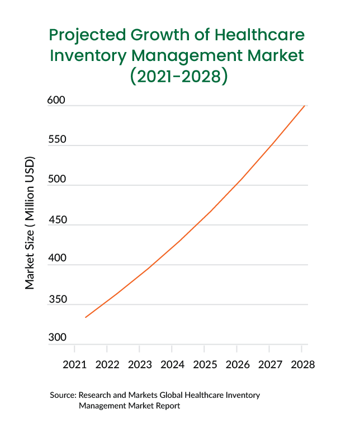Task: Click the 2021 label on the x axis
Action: pyautogui.click(x=74, y=365)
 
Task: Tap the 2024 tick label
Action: pyautogui.click(x=172, y=365)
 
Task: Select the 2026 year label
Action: pyautogui.click(x=237, y=365)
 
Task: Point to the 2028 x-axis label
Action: pyautogui.click(x=302, y=365)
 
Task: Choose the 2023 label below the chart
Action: pyautogui.click(x=140, y=365)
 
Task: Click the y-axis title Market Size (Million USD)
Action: pyautogui.click(x=30, y=223)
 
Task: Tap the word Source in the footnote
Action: pyautogui.click(x=62, y=395)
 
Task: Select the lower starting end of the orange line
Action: pyautogui.click(x=86, y=317)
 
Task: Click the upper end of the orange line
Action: pyautogui.click(x=304, y=105)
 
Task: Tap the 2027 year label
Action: pyautogui.click(x=269, y=365)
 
